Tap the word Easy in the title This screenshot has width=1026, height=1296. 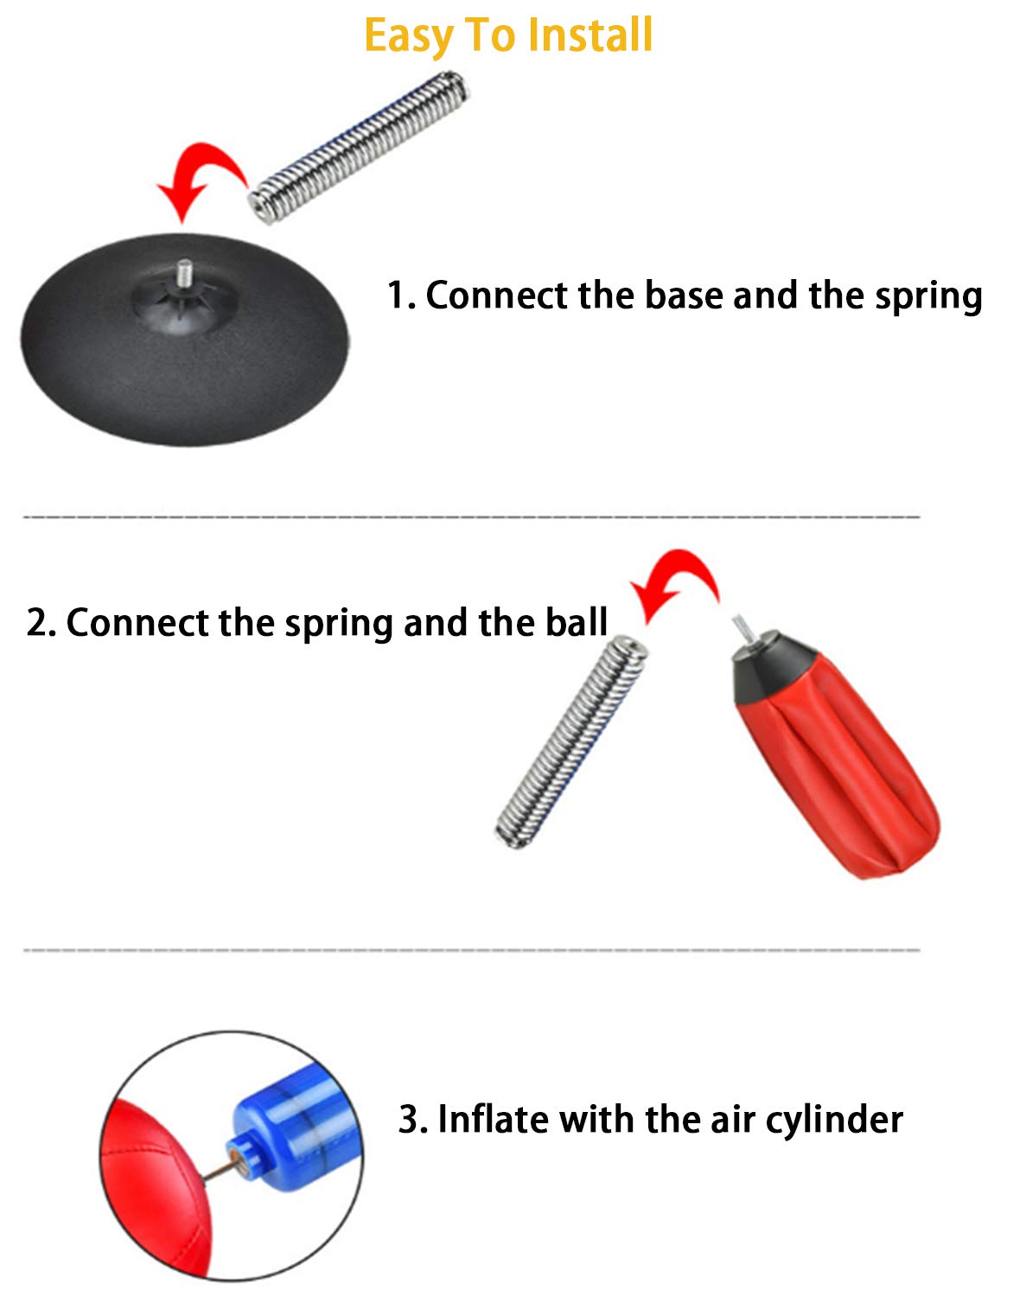click(x=409, y=37)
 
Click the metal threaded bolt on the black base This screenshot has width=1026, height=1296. click(x=184, y=271)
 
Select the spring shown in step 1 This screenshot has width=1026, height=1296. click(x=359, y=148)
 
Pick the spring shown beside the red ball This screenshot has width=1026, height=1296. click(x=571, y=741)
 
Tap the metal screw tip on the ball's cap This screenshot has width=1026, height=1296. click(x=742, y=628)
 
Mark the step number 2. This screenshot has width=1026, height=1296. click(x=41, y=622)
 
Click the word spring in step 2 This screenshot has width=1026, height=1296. click(x=339, y=625)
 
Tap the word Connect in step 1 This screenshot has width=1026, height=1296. click(x=497, y=295)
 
